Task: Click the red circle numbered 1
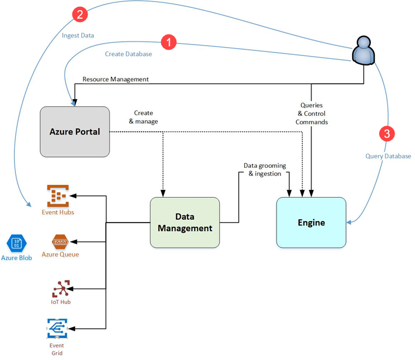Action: tap(168, 42)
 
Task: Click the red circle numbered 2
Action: tap(81, 15)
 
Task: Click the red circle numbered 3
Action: tap(387, 134)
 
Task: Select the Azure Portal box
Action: tap(75, 132)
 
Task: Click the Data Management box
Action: tap(185, 222)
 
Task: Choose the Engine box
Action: tap(311, 222)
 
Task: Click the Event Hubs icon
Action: tap(58, 196)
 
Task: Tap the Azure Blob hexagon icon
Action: tap(16, 244)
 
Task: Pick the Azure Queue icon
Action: tap(60, 242)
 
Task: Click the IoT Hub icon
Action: tap(60, 289)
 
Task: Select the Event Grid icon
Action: tap(57, 328)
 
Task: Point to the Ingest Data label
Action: tap(77, 35)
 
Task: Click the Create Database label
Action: tap(128, 54)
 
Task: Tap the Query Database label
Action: tap(388, 156)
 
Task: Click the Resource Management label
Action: tap(115, 79)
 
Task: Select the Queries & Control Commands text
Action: tap(312, 114)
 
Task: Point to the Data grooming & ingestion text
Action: tap(265, 170)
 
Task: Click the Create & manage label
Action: tap(143, 117)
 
